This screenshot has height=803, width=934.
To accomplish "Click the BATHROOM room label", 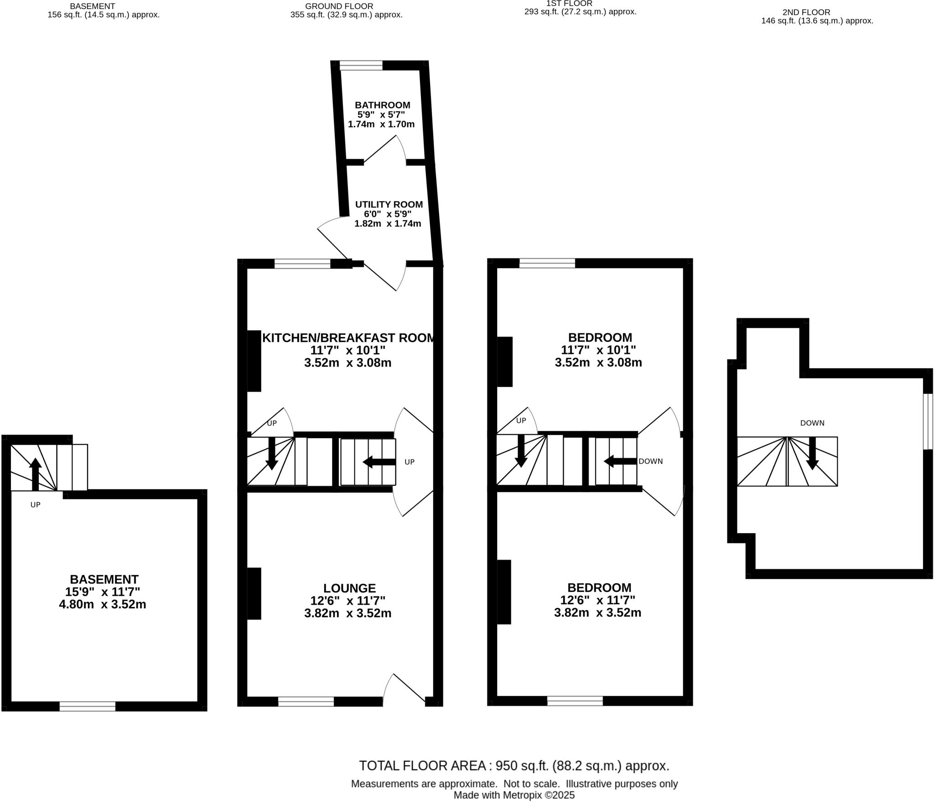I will pyautogui.click(x=383, y=105).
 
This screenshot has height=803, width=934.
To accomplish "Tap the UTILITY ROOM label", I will pyautogui.click(x=389, y=205).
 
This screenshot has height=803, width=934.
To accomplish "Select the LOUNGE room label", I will pyautogui.click(x=349, y=588).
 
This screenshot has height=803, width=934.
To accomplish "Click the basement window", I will pyautogui.click(x=88, y=706).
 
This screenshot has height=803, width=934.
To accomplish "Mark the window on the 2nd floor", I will pyautogui.click(x=928, y=421).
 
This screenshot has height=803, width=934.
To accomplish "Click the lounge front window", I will pyautogui.click(x=306, y=701).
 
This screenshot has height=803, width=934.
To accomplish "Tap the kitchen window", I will pyautogui.click(x=302, y=264).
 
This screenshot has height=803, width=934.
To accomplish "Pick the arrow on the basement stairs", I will pyautogui.click(x=35, y=474).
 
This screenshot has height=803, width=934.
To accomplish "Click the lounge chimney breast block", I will pyautogui.click(x=254, y=593).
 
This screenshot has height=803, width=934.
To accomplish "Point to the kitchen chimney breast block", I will pyautogui.click(x=254, y=361).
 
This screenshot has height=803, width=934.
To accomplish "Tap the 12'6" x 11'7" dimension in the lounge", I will pyautogui.click(x=348, y=601).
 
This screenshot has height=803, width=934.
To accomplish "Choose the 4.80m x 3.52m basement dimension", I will pyautogui.click(x=103, y=605).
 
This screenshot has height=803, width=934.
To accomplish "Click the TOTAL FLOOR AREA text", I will pyautogui.click(x=514, y=766).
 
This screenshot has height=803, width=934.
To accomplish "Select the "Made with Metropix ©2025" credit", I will pyautogui.click(x=514, y=795).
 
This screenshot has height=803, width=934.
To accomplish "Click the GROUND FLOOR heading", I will pyautogui.click(x=339, y=6).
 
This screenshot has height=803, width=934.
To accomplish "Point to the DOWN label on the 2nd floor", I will pyautogui.click(x=812, y=423).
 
